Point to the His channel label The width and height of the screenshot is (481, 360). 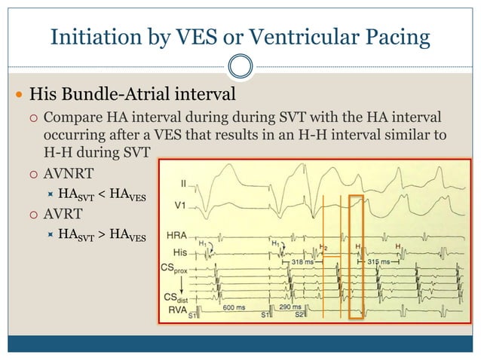click(177, 252)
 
